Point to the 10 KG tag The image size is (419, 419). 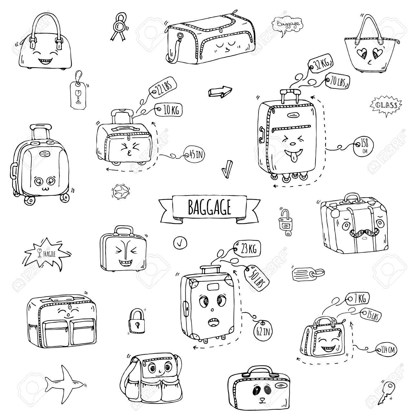click(168, 110)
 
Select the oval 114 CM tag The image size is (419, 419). click(386, 349)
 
